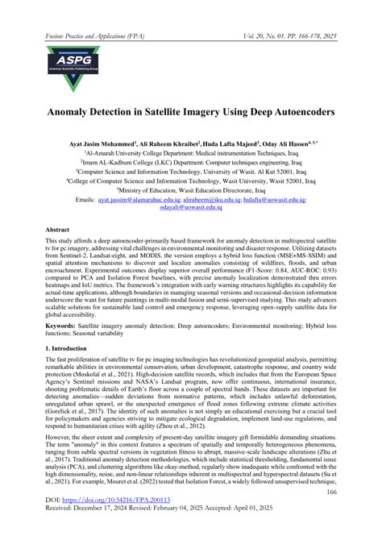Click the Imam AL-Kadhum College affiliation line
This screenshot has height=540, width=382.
click(x=190, y=160)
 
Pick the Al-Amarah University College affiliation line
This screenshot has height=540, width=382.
click(x=190, y=152)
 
